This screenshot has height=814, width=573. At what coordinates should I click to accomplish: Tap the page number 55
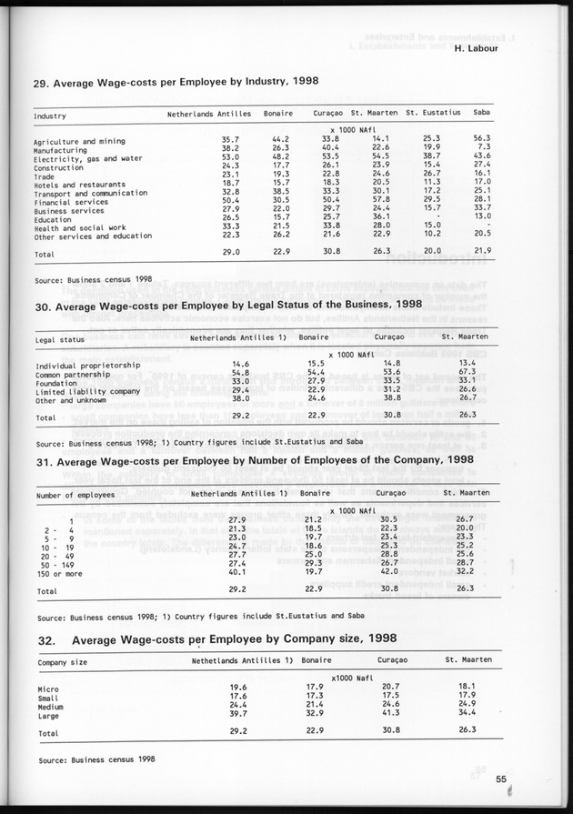click(500, 778)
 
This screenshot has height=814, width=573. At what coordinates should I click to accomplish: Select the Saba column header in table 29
click(482, 114)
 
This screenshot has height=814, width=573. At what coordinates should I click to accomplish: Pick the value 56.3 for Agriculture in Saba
click(482, 139)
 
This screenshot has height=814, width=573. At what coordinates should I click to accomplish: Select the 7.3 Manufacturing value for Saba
click(484, 147)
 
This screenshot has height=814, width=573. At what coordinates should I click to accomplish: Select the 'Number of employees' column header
click(75, 495)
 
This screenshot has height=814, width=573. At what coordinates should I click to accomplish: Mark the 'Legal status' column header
click(60, 339)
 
